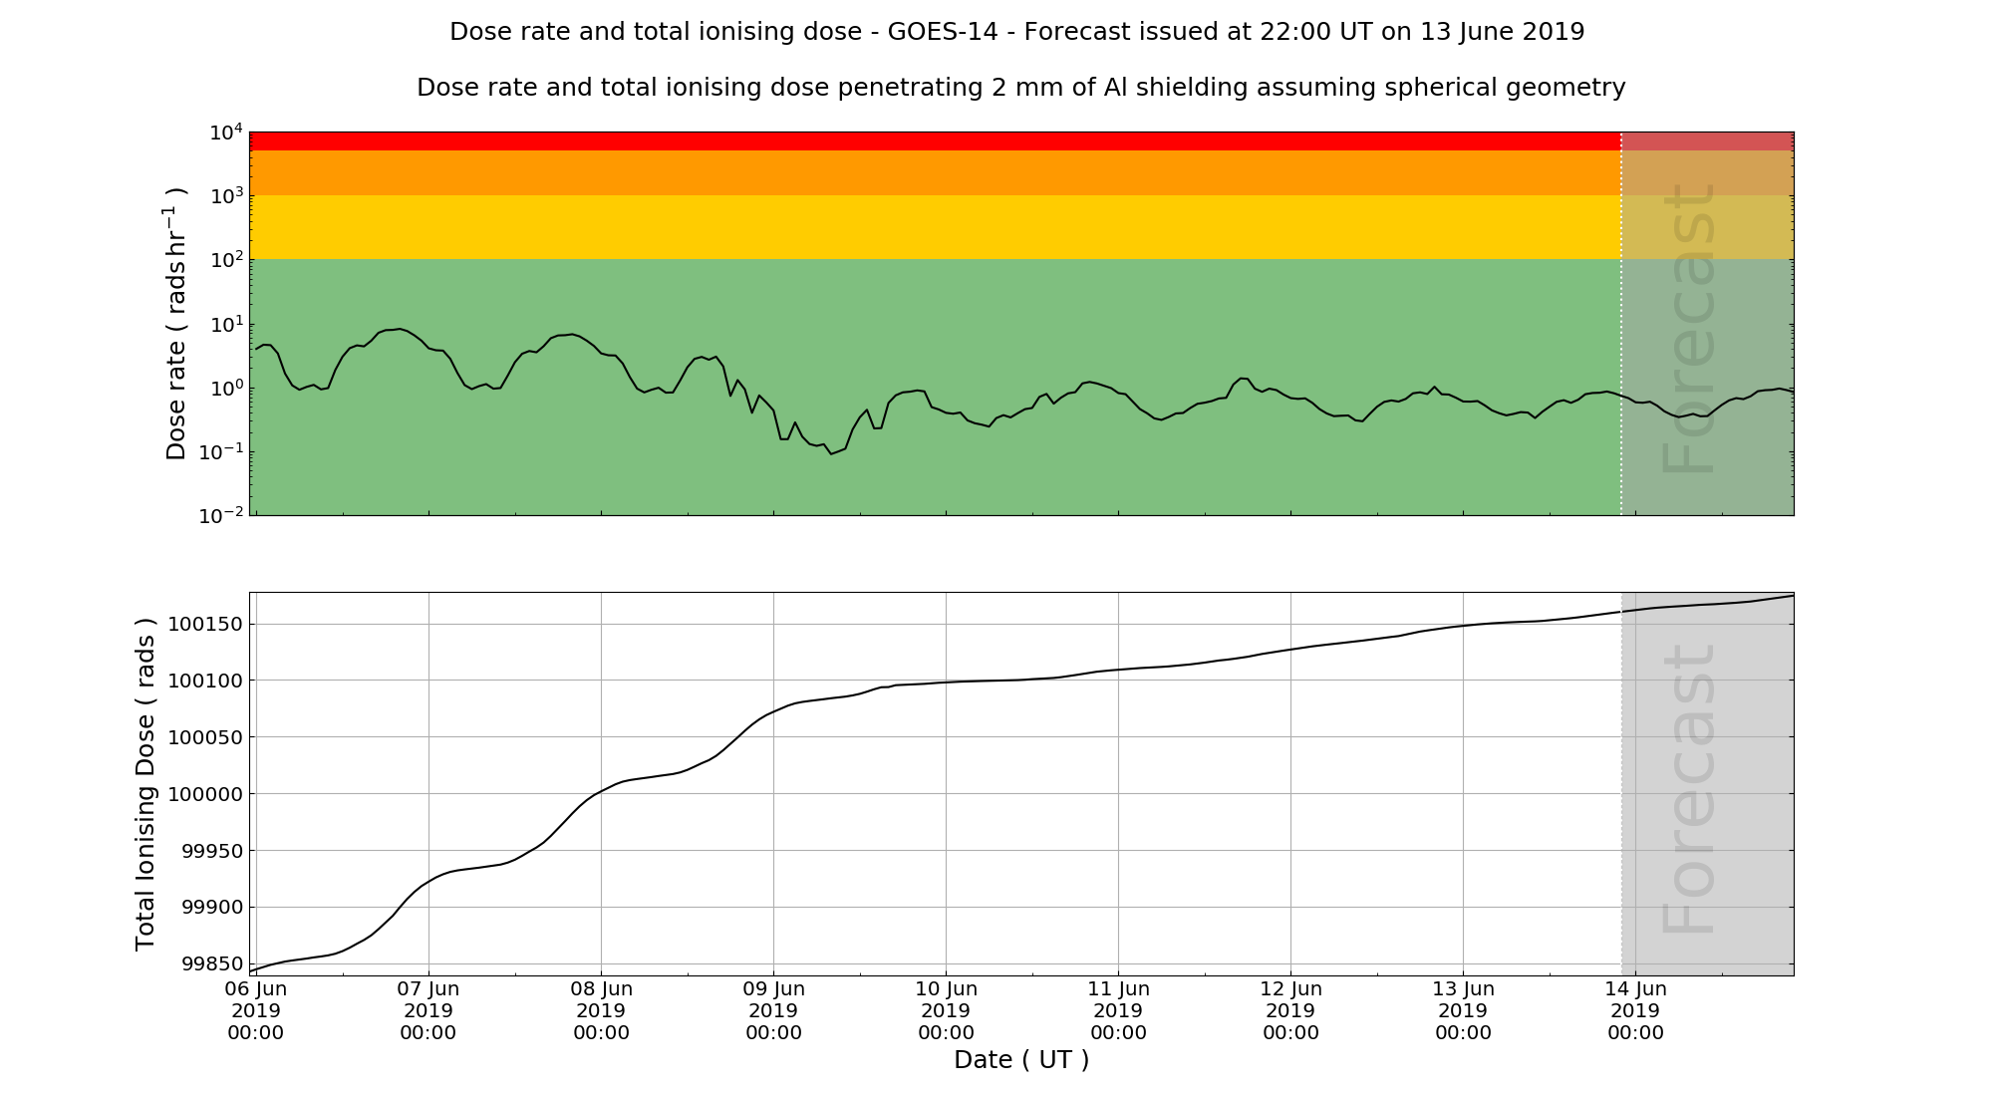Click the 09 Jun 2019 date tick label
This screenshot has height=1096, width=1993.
(773, 1010)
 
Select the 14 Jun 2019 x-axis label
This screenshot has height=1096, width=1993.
(1635, 1010)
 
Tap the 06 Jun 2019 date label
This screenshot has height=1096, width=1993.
(256, 1010)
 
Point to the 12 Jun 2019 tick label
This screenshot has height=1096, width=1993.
(1290, 1010)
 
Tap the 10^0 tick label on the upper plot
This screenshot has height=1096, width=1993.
(226, 389)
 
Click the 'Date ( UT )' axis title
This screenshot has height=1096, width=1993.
(1021, 1060)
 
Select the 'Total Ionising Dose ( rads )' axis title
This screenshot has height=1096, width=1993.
(145, 784)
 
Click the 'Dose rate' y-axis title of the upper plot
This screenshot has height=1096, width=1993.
(176, 324)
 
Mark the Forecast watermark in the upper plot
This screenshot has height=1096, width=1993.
(1689, 329)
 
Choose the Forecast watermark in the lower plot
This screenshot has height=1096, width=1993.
(1689, 789)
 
